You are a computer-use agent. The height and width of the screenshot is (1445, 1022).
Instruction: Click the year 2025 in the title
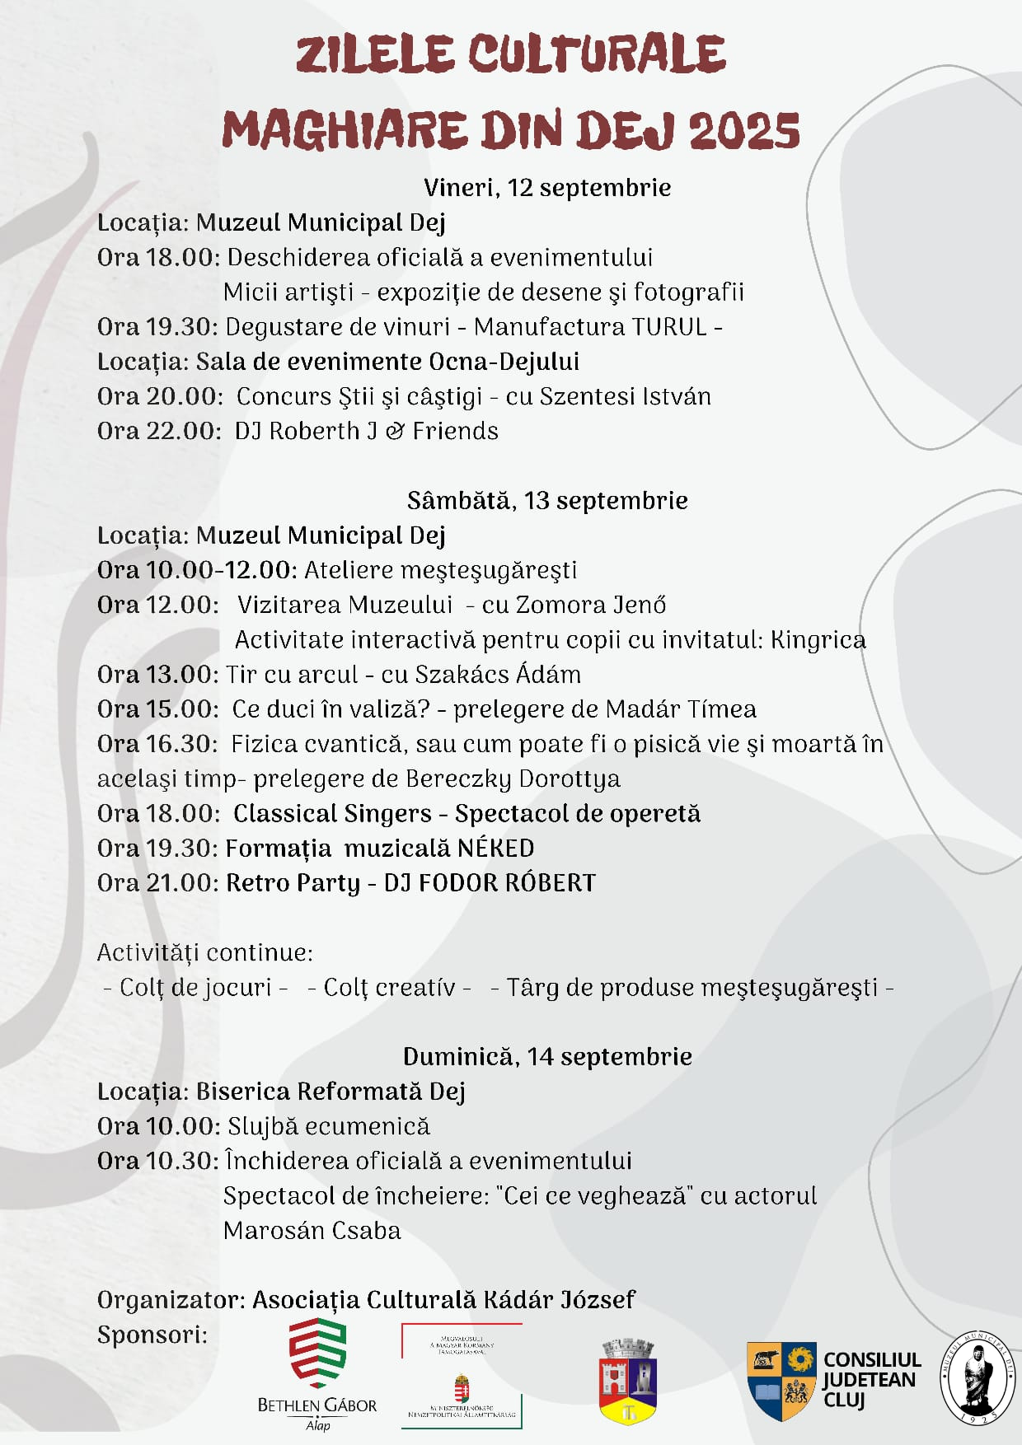[x=743, y=131]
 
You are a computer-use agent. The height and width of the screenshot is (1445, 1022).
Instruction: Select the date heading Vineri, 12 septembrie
[x=546, y=188]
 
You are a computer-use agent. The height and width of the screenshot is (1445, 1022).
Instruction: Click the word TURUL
[x=669, y=327]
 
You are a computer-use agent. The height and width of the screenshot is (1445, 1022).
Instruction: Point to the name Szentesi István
[x=625, y=396]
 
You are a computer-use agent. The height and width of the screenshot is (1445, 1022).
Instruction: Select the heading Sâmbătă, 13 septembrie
[x=547, y=501]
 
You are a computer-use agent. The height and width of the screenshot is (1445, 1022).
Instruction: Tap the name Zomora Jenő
[x=590, y=605]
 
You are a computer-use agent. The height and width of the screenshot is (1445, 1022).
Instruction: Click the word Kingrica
[x=818, y=640]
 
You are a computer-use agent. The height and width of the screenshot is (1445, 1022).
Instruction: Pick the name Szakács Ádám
[x=498, y=675]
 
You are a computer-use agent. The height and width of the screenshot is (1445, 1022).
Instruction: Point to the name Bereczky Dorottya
[x=513, y=779]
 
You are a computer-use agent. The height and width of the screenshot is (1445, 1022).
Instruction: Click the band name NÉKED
[x=495, y=849]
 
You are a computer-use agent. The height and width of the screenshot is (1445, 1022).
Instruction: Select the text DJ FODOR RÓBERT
[x=490, y=883]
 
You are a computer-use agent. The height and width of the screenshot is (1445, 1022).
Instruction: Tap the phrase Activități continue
[x=204, y=952]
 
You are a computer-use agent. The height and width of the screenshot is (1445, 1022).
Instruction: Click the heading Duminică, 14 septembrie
[x=547, y=1057]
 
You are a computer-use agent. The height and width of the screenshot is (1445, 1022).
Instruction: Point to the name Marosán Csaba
[x=312, y=1231]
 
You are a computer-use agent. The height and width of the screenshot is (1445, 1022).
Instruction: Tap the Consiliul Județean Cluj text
[x=871, y=1380]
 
